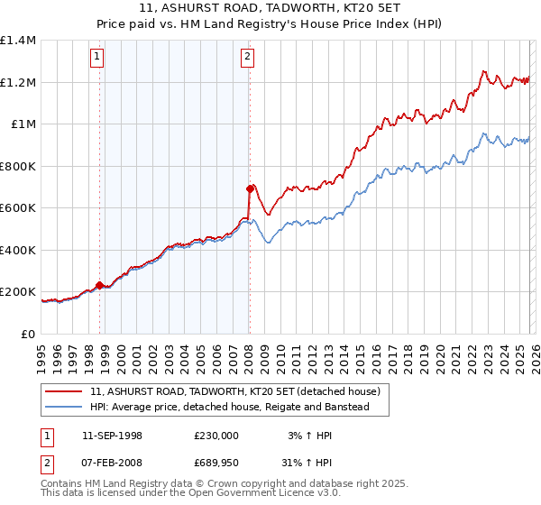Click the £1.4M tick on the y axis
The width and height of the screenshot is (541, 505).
18,41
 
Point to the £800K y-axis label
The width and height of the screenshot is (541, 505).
18,166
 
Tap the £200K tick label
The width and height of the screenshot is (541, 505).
18,292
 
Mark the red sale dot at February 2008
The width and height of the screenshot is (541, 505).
250,188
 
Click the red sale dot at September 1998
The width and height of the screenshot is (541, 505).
100,285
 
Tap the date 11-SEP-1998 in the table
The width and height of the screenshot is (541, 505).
112,436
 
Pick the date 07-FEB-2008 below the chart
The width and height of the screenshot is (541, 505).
112,462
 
